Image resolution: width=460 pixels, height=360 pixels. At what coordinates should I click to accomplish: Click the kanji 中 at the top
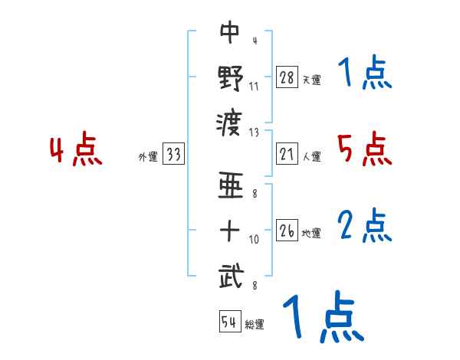230,32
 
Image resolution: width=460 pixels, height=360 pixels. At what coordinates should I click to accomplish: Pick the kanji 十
230,231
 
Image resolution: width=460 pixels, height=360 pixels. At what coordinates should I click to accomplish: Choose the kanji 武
230,274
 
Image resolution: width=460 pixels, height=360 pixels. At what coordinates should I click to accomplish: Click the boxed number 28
287,77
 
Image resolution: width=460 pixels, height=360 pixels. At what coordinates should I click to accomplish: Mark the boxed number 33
173,155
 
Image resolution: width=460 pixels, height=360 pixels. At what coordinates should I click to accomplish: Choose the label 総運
255,325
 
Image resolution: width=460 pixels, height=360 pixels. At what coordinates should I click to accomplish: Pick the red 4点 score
76,150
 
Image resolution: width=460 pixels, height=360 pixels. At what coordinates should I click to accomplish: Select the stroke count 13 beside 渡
254,131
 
